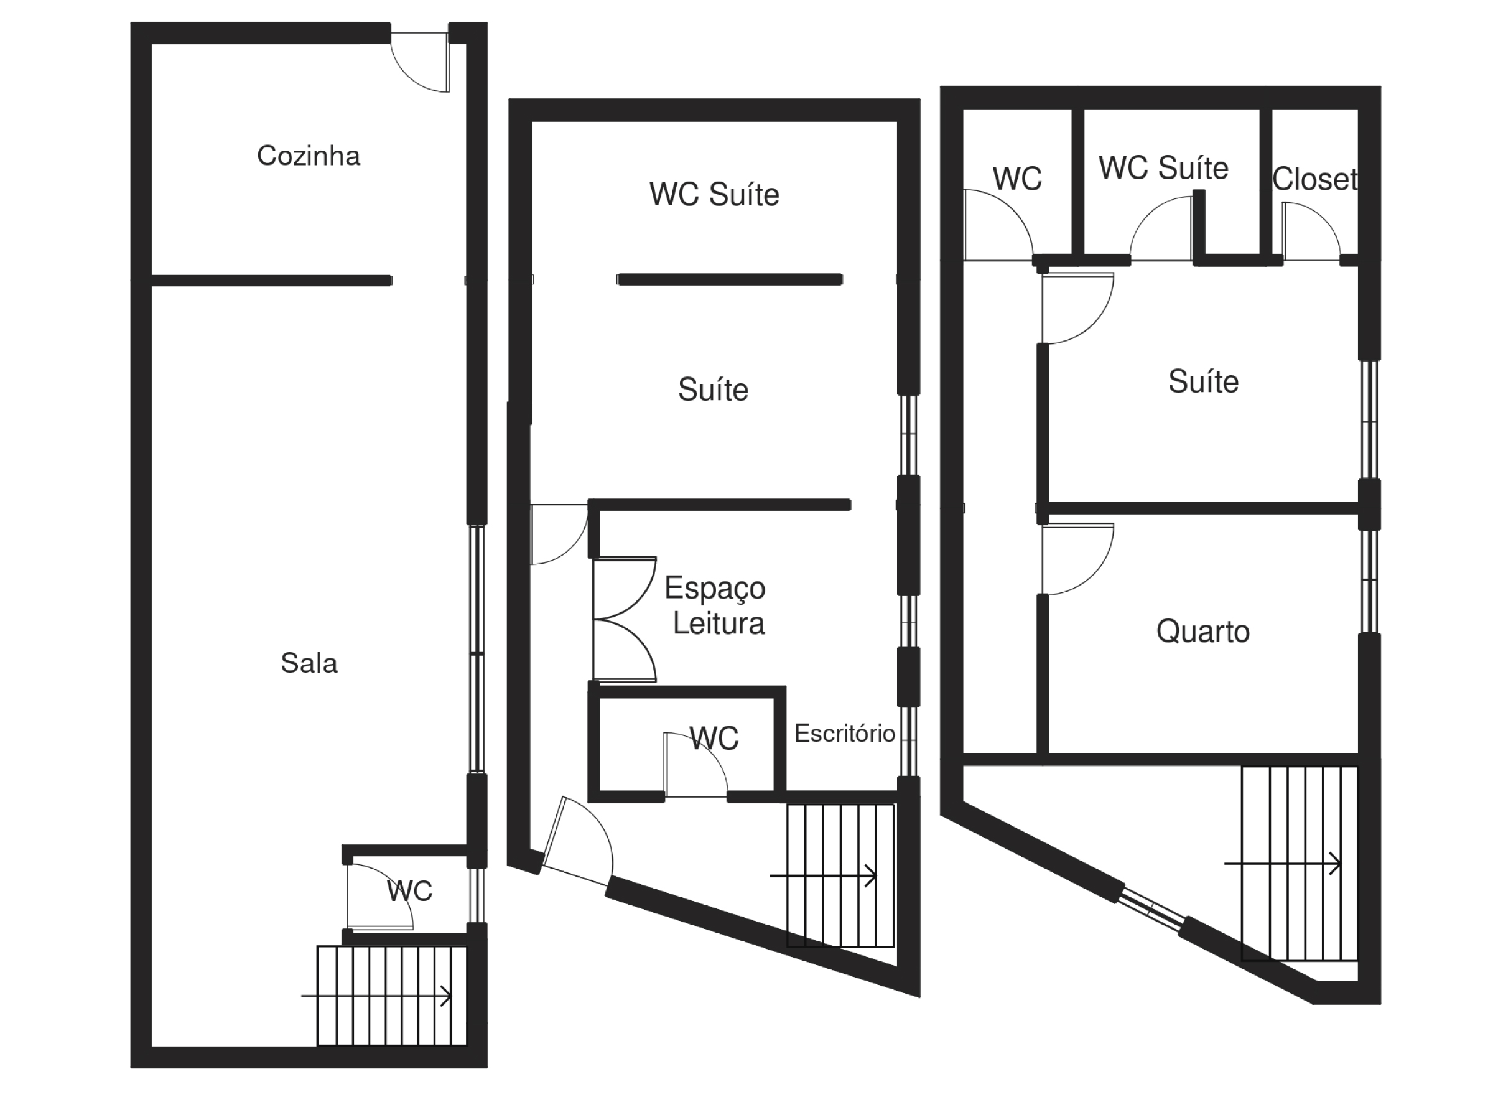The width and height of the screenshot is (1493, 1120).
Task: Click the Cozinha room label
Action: [x=309, y=156]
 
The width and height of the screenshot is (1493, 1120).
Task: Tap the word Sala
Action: [x=309, y=663]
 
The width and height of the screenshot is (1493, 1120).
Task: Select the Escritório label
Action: [x=844, y=734]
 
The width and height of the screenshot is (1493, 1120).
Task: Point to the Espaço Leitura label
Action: [x=716, y=605]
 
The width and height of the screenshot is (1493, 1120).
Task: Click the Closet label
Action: [x=1314, y=180]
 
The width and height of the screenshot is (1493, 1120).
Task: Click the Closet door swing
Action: [x=1309, y=233]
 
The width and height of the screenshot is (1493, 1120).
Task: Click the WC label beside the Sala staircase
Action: [x=409, y=891]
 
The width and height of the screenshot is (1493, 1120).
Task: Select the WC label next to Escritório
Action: [x=714, y=738]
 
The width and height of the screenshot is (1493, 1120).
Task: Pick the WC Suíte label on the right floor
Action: [x=1163, y=168]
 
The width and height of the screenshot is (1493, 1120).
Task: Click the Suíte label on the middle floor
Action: [x=713, y=390]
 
